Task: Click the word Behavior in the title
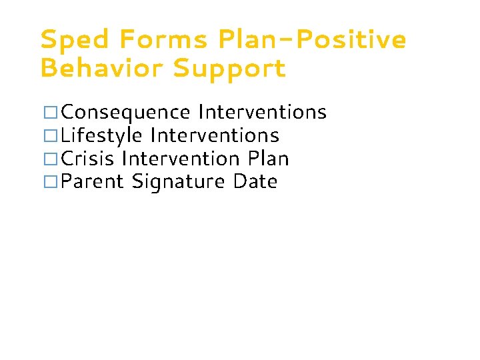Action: coord(101,68)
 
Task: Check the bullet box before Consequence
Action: coord(50,112)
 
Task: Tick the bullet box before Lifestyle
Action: coord(50,136)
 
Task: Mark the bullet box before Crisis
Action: coord(50,159)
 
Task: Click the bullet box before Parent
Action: coord(50,182)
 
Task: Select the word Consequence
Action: coord(126,113)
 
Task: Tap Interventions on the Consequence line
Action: coord(262,112)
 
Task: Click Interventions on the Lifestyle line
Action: coord(215,136)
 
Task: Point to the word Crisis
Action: coord(88,159)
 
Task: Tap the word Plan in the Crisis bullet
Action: coord(268,159)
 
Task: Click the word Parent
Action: coord(93,182)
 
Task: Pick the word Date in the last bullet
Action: coord(255,182)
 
